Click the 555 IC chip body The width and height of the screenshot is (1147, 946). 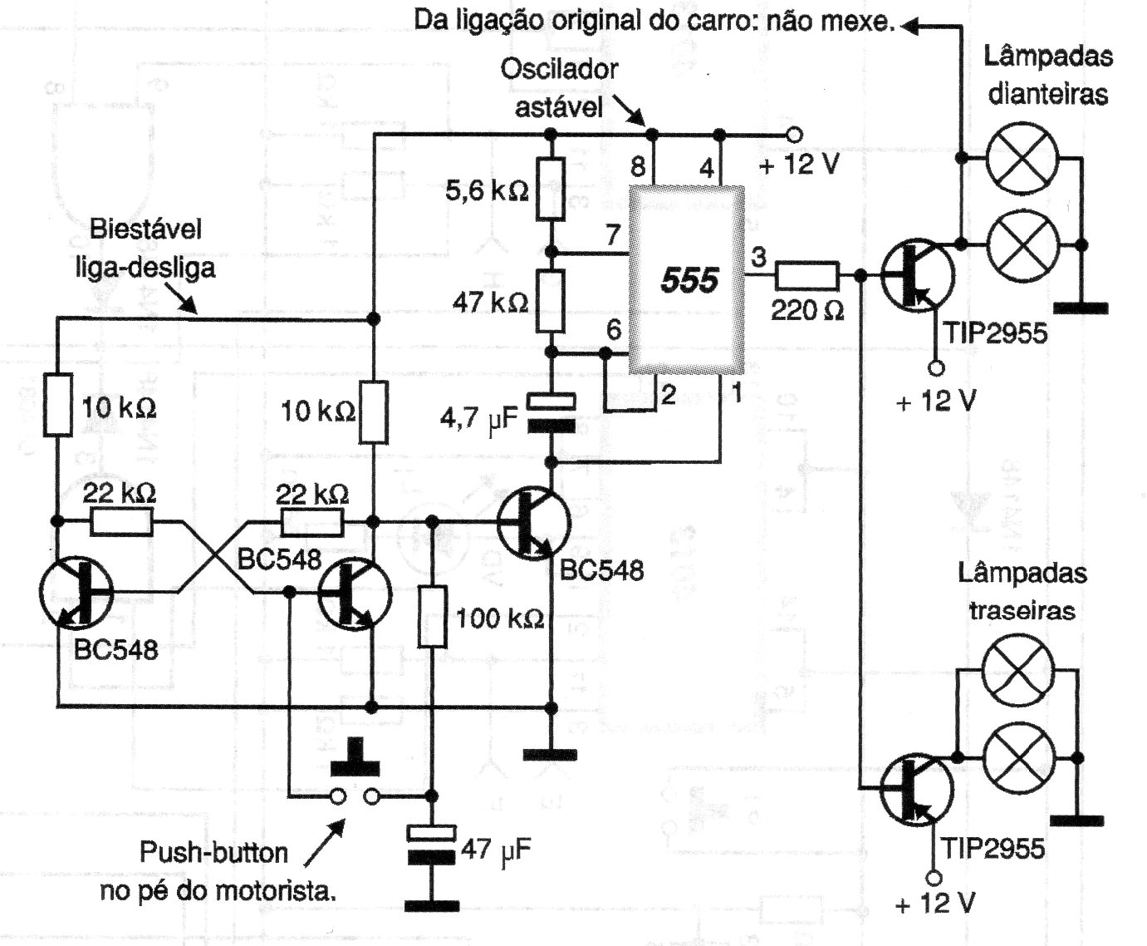(687, 280)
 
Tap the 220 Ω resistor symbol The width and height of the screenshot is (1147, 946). (807, 275)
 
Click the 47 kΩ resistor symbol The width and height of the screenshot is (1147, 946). (551, 301)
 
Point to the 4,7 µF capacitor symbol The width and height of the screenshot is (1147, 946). (551, 413)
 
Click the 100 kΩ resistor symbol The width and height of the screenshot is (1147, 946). (433, 617)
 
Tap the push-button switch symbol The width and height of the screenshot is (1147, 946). (355, 775)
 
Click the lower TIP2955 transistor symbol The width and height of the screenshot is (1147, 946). (917, 790)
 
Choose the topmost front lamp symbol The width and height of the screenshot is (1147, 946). (1022, 158)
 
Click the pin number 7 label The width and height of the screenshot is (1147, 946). (613, 235)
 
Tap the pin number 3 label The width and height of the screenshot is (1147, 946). (758, 257)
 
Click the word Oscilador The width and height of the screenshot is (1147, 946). (559, 70)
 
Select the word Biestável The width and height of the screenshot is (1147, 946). (145, 229)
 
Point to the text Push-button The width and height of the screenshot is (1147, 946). (213, 853)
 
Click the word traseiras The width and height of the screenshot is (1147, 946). (1022, 610)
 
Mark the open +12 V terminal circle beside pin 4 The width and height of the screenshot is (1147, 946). (794, 134)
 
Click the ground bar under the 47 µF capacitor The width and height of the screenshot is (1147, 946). (432, 906)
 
